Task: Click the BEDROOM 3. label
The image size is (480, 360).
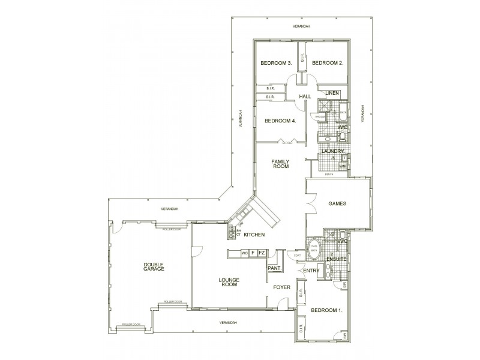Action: [x=275, y=63]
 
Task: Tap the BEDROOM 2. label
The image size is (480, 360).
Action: [x=328, y=63]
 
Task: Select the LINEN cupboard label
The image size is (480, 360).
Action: [x=332, y=94]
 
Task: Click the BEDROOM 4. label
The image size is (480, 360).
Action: [x=280, y=121]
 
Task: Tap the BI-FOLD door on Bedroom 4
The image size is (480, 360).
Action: [x=287, y=142]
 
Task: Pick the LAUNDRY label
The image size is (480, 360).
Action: [x=332, y=152]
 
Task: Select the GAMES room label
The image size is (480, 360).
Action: [x=338, y=203]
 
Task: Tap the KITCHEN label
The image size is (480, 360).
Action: [x=254, y=234]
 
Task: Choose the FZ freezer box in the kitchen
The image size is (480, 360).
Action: [x=262, y=253]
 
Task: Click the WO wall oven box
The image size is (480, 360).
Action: [x=244, y=253]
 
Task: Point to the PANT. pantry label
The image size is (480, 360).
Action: [x=274, y=268]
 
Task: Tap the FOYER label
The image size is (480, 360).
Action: [x=282, y=287]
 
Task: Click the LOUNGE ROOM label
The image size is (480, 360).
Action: [x=229, y=281]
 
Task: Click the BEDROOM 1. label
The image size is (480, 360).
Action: [x=326, y=310]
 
